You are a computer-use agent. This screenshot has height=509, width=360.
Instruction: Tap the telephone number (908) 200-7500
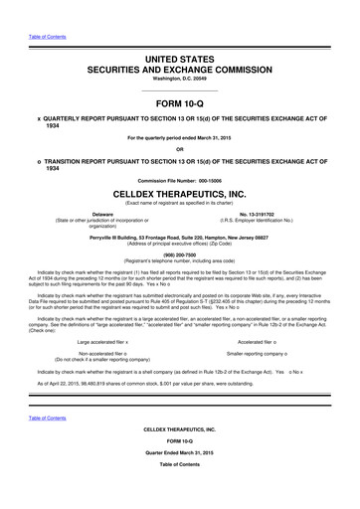(180, 252)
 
